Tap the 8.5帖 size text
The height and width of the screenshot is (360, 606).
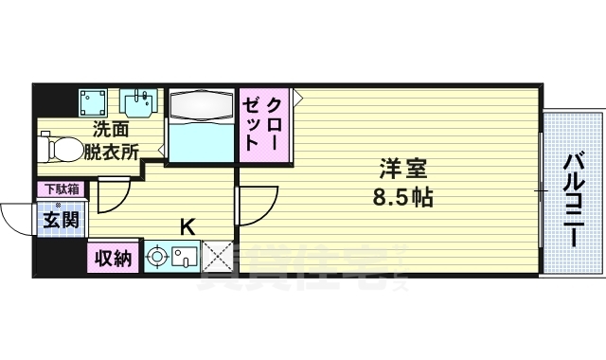404,199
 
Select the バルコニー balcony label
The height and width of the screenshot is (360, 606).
574,200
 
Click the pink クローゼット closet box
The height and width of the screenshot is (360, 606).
262,124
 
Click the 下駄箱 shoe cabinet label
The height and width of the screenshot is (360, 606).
58,189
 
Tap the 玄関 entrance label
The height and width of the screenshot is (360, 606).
58,221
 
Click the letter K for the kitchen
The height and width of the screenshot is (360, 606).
187,227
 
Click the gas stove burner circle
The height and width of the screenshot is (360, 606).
156,256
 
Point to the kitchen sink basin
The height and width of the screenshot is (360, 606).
184,256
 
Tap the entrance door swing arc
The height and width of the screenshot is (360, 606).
13,219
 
